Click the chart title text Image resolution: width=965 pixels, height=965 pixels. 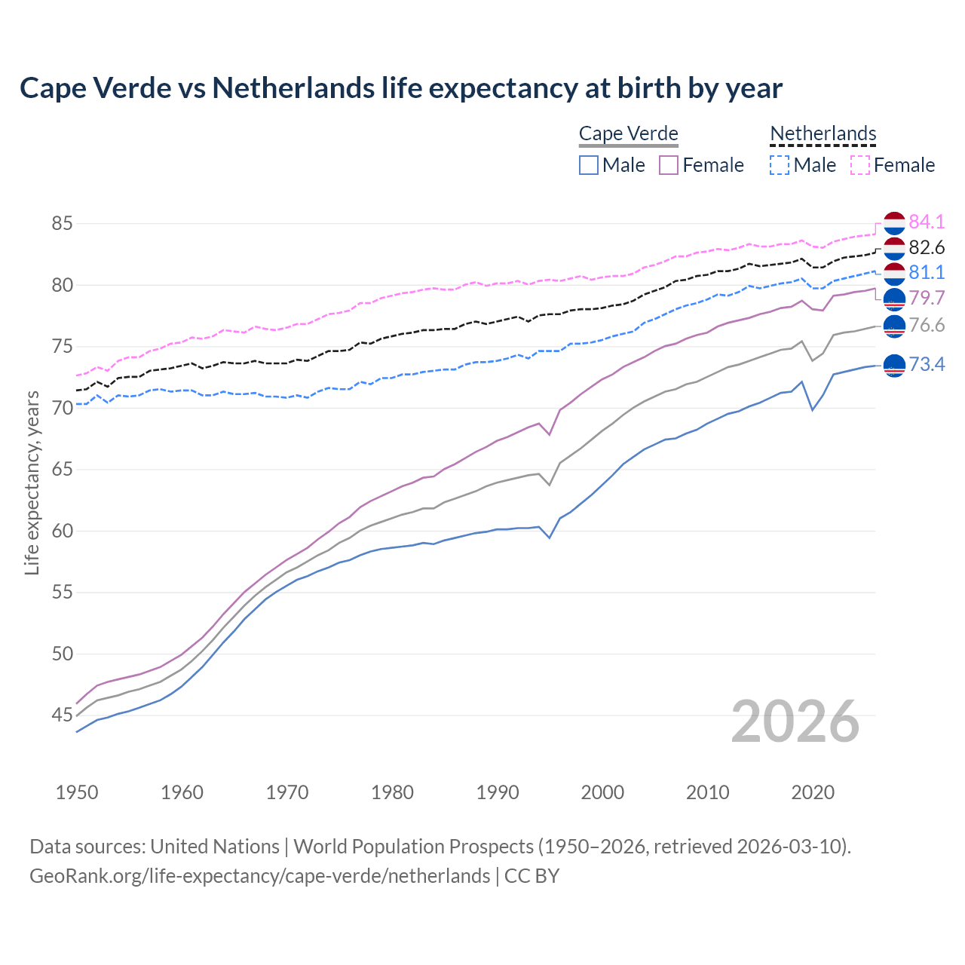pos(400,88)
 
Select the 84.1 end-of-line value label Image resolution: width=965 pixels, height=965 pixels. pos(927,222)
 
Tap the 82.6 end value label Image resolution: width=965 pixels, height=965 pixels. pos(927,247)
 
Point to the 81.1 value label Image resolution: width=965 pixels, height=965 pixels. pos(927,272)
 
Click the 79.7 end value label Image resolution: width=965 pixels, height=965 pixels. pos(927,298)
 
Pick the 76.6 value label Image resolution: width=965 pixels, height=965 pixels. pos(927,325)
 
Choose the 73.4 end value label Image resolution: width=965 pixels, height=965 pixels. pos(927,365)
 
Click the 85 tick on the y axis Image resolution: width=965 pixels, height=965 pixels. pos(62,224)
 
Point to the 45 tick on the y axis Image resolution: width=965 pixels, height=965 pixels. pos(62,715)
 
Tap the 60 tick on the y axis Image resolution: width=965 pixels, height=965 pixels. pos(62,531)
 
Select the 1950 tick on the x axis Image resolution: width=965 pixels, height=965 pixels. pos(77,792)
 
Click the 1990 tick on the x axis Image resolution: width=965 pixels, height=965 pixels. pos(498,792)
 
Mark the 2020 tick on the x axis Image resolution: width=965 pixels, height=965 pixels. pos(812,792)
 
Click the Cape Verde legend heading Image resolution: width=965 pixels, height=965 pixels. pos(628,134)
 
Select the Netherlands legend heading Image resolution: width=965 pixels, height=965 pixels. pos(823,134)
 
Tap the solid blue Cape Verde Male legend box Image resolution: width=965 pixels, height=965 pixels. pos(589,165)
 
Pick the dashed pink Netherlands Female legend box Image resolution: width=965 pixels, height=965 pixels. pos(860,165)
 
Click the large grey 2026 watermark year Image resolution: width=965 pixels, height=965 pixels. pos(795,721)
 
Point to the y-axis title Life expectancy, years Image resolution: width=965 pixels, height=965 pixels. pos(32,482)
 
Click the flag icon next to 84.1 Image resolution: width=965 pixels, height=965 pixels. pos(894,223)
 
